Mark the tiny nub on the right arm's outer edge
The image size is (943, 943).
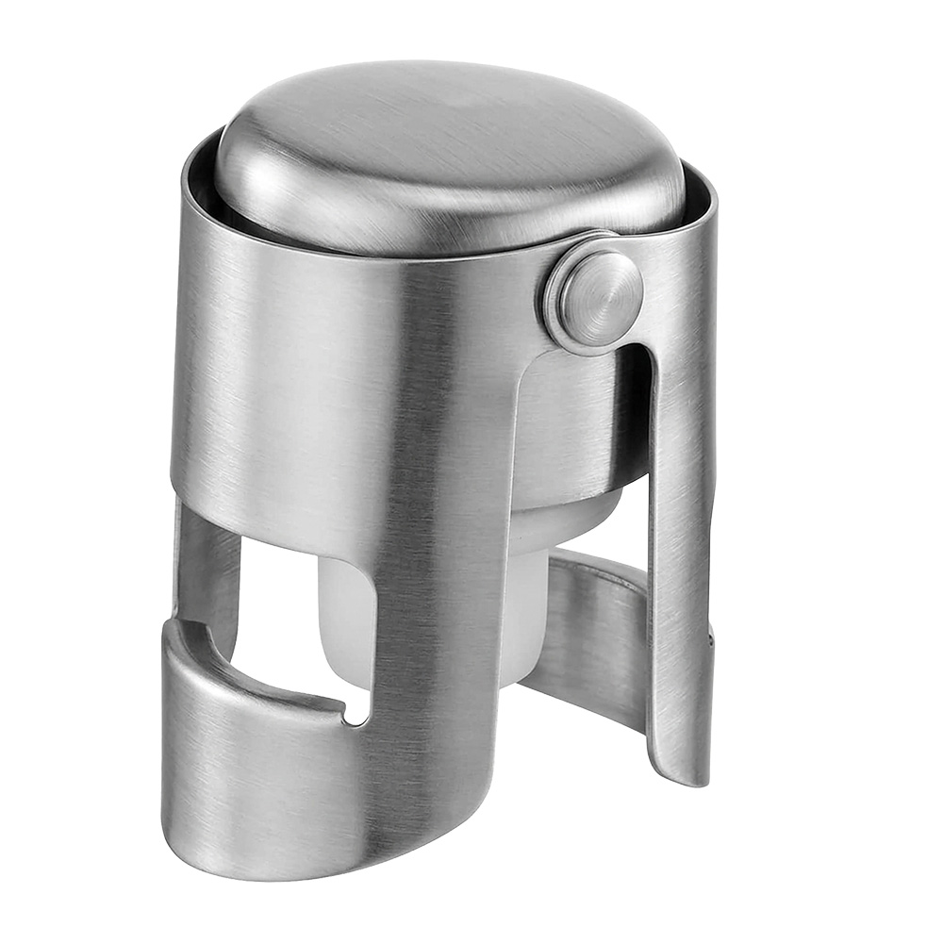709,641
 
